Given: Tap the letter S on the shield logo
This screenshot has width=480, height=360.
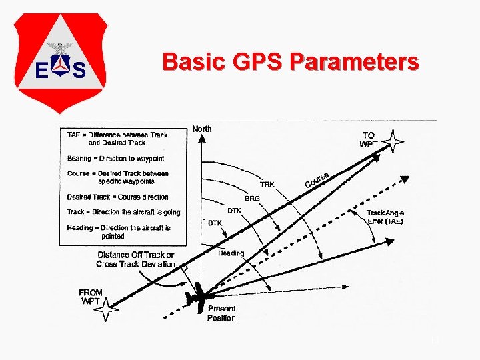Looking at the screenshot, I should [x=79, y=69].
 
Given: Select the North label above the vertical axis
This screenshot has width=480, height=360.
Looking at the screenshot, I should [x=202, y=129].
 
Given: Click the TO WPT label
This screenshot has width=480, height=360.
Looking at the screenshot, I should [x=368, y=139].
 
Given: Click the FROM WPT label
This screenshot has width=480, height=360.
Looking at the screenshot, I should [x=91, y=297].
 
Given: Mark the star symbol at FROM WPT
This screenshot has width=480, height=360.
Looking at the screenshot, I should [x=109, y=309].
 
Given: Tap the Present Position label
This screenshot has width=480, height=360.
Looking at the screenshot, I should [x=221, y=313].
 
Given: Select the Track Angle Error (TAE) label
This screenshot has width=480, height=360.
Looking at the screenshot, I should [x=385, y=217].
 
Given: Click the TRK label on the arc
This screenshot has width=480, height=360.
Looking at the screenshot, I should [x=267, y=184].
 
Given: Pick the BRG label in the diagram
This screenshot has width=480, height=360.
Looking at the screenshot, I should [x=252, y=199].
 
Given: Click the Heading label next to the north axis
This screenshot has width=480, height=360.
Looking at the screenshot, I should [x=231, y=253].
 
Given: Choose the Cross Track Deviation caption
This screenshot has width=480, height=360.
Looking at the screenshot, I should [x=136, y=259].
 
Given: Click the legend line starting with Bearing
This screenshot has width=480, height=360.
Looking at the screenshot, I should [x=115, y=159].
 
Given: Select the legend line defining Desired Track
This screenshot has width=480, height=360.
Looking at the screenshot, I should [x=117, y=197].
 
